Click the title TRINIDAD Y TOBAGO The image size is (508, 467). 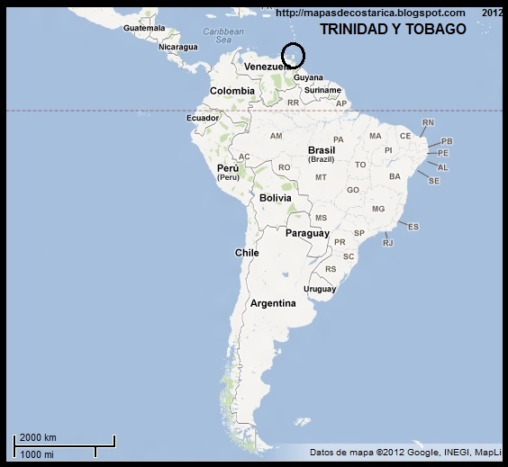pyautogui.click(x=393, y=30)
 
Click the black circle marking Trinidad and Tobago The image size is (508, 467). pyautogui.click(x=294, y=55)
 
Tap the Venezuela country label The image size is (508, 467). pyautogui.click(x=268, y=67)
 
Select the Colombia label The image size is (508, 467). pyautogui.click(x=232, y=91)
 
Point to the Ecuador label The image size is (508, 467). pyautogui.click(x=203, y=118)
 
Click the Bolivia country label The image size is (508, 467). pyautogui.click(x=275, y=197)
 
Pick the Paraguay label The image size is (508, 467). pyautogui.click(x=308, y=233)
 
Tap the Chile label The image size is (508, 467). pyautogui.click(x=247, y=253)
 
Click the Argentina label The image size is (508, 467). pyautogui.click(x=273, y=303)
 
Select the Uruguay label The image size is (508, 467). pyautogui.click(x=320, y=289)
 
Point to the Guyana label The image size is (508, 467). pyautogui.click(x=308, y=77)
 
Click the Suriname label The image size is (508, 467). pyautogui.click(x=322, y=90)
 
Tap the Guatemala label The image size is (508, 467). pyautogui.click(x=144, y=28)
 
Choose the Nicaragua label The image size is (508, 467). pyautogui.click(x=178, y=47)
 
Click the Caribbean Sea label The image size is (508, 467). pyautogui.click(x=217, y=35)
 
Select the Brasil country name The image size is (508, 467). pyautogui.click(x=322, y=150)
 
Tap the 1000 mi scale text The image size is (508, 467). pyautogui.click(x=37, y=454)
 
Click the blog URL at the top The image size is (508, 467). pyautogui.click(x=370, y=13)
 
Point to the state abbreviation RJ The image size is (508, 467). pyautogui.click(x=388, y=243)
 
